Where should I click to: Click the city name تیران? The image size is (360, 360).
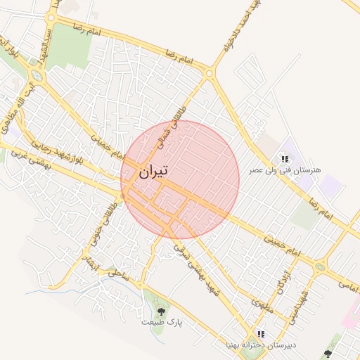(x=153, y=172)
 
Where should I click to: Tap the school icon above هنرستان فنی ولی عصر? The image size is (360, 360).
(x=285, y=159)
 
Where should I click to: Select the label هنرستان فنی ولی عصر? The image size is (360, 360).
(x=285, y=171)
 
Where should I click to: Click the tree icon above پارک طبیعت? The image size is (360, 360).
(x=161, y=310)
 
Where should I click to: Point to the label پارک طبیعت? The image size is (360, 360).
(x=161, y=321)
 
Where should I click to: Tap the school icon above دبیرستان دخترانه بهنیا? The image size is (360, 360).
(x=261, y=334)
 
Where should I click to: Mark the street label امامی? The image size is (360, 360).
(x=346, y=284)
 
